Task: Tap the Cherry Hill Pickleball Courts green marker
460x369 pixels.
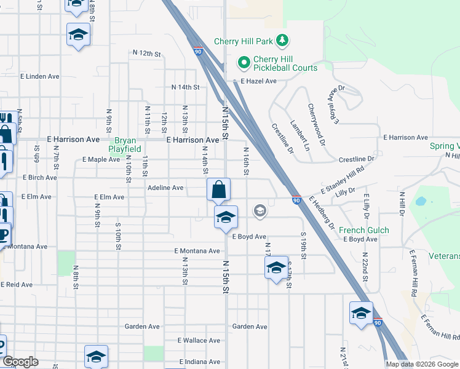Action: click(x=244, y=62)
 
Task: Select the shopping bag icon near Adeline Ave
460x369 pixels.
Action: click(x=219, y=189)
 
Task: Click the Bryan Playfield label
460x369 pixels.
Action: click(x=125, y=145)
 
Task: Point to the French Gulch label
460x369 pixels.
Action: click(x=364, y=231)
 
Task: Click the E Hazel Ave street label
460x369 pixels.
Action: click(x=258, y=81)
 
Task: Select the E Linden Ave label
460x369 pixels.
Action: click(x=39, y=77)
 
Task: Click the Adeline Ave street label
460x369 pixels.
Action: click(x=165, y=188)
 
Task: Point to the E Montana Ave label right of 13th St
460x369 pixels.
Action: click(x=197, y=251)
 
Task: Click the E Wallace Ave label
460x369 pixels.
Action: click(x=199, y=340)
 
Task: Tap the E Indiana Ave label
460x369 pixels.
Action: click(x=199, y=362)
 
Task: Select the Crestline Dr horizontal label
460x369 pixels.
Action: click(x=357, y=159)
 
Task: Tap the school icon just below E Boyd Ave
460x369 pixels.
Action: click(x=276, y=267)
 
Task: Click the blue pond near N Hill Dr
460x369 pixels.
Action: click(x=420, y=201)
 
